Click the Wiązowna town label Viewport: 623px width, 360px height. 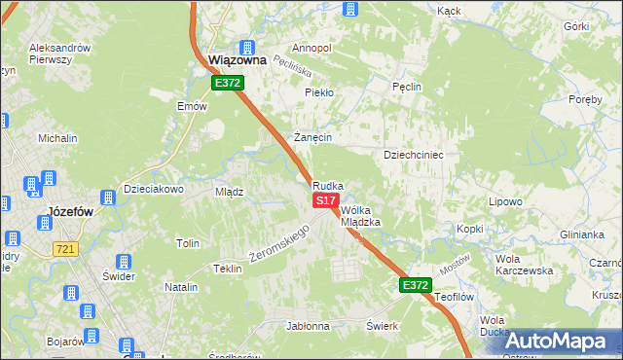(x=238, y=60)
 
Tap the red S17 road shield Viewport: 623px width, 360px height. (x=325, y=199)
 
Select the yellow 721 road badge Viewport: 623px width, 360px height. (x=65, y=250)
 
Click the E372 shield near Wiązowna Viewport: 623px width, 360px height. (x=229, y=84)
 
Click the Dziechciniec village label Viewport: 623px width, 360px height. (x=414, y=155)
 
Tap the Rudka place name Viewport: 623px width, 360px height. (x=327, y=185)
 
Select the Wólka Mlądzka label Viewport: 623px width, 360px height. (x=360, y=215)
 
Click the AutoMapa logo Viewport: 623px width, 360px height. (x=554, y=341)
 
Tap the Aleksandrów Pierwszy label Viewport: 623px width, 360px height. (x=60, y=53)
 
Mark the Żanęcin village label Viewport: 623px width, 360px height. (x=313, y=137)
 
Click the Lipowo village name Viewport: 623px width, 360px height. (x=505, y=200)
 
